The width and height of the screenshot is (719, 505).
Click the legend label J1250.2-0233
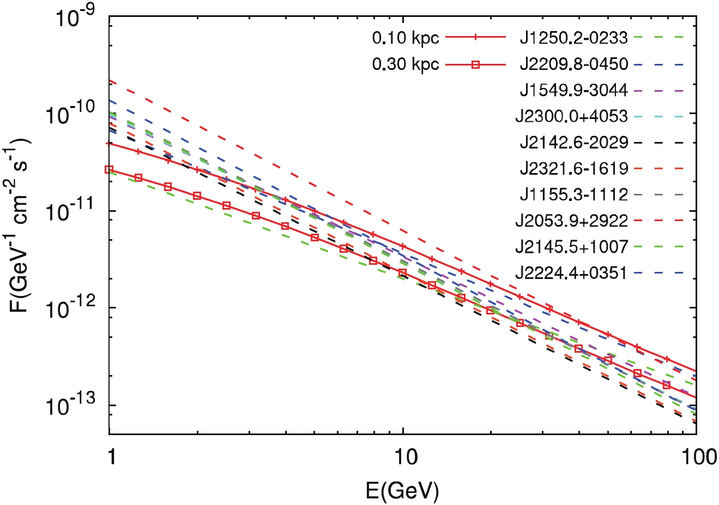(573, 38)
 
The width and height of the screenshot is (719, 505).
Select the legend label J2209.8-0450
(573, 64)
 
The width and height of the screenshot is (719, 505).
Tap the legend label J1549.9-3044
(573, 90)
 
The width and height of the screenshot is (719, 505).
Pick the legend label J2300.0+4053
(571, 116)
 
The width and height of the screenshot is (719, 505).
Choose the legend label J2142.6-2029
(573, 142)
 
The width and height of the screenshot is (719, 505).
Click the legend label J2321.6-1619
(573, 169)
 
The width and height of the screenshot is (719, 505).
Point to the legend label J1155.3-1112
(573, 194)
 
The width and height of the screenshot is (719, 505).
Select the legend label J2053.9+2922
(571, 221)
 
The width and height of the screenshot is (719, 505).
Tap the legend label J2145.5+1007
(571, 247)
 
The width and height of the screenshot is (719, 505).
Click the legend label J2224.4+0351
(571, 273)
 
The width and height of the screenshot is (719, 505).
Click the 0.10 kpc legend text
(406, 38)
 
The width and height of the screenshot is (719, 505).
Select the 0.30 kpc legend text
(406, 64)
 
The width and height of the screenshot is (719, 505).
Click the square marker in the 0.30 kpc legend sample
(475, 64)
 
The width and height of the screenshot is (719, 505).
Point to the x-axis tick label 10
(403, 456)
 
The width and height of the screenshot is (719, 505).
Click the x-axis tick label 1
(111, 456)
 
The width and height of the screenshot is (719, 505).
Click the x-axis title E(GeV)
(403, 491)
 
